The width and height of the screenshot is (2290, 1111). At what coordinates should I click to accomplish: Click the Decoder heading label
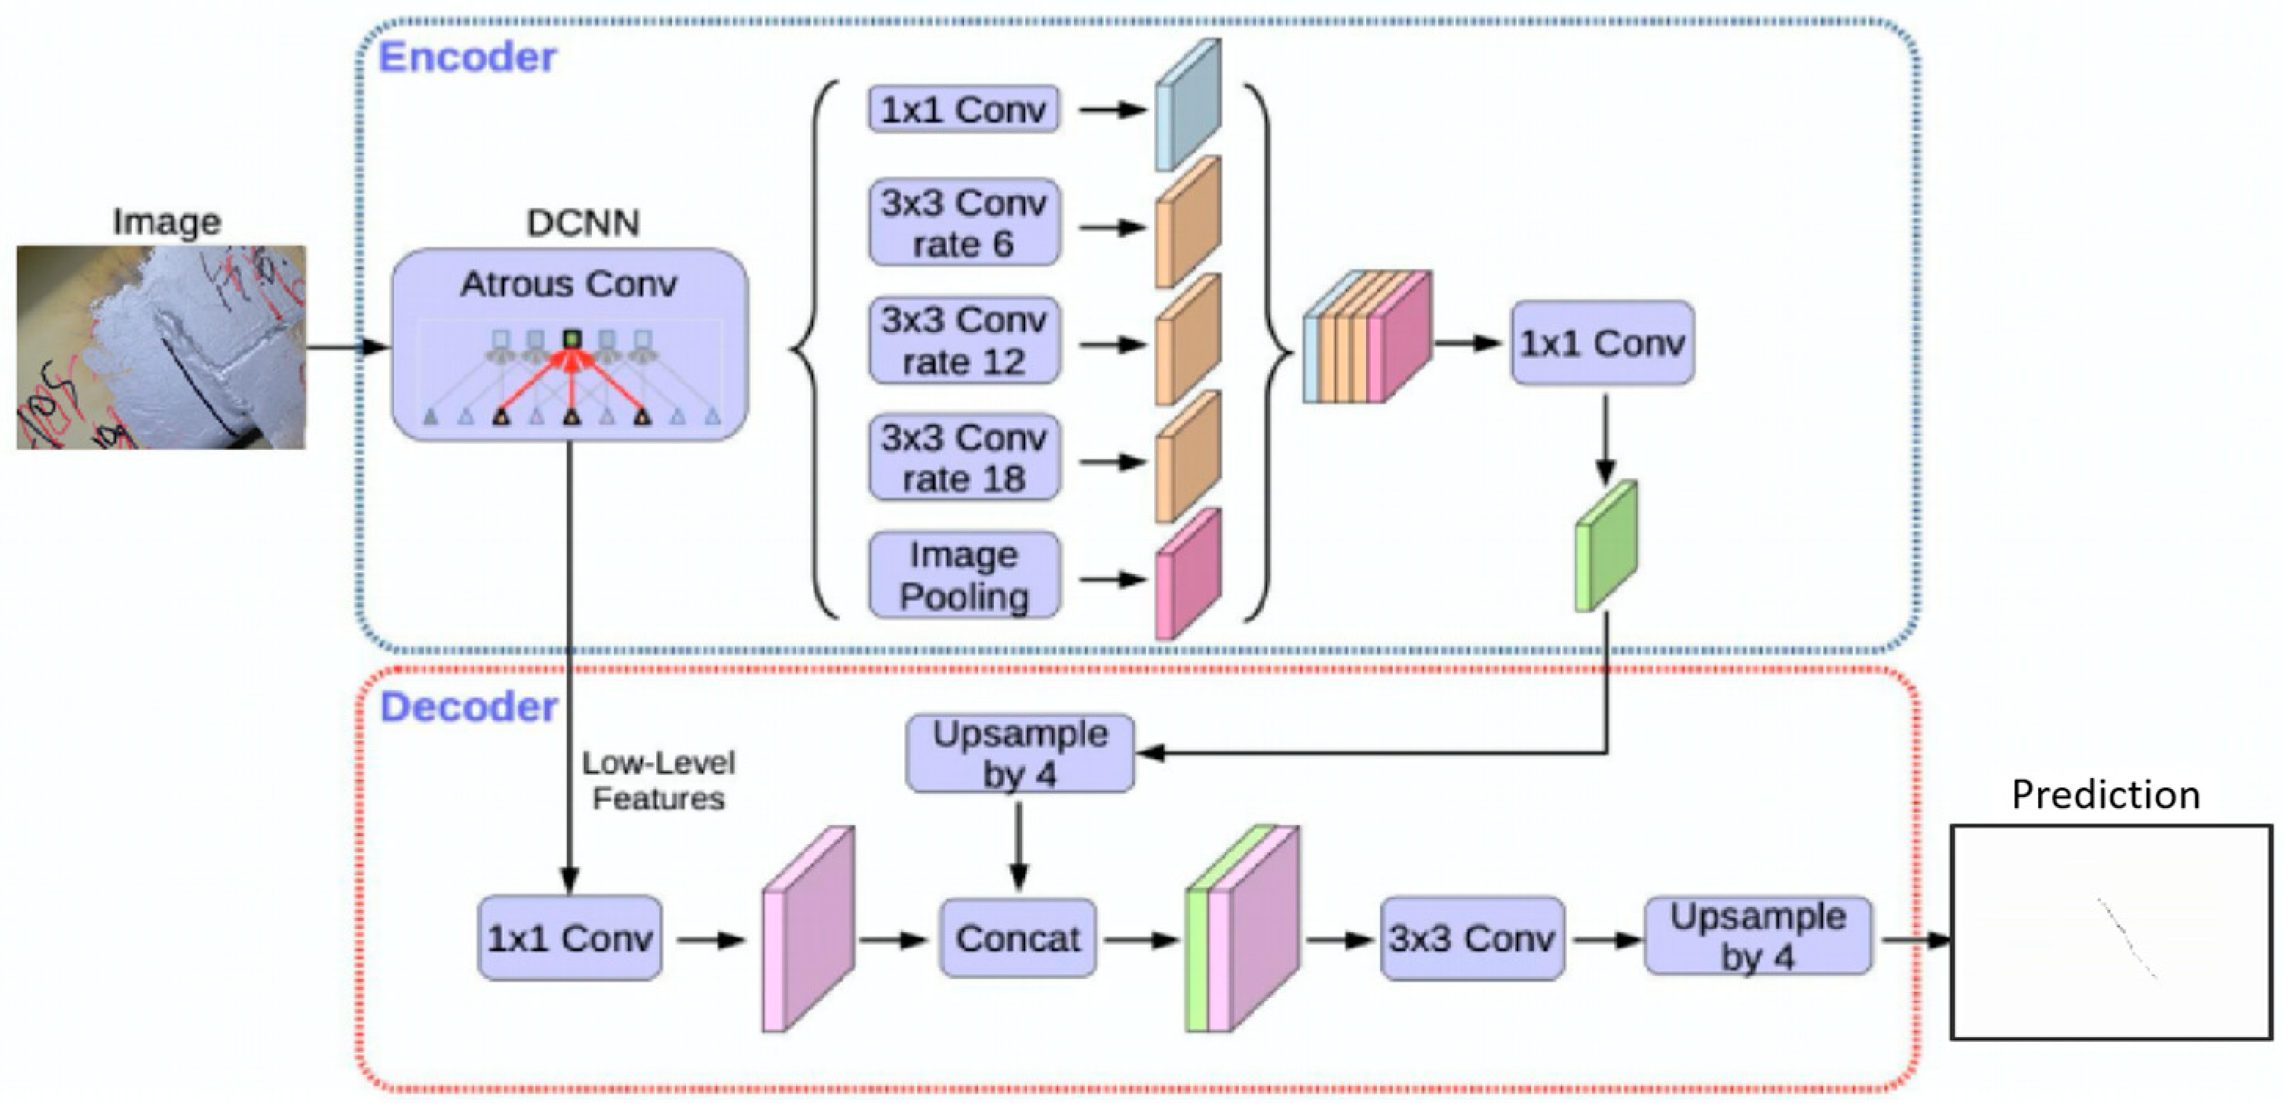[469, 708]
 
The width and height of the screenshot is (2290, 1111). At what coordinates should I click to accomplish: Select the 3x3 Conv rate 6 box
[963, 224]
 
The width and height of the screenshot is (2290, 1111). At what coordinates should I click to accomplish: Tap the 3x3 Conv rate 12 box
[963, 342]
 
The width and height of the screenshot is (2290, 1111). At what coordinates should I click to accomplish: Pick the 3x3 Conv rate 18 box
[963, 459]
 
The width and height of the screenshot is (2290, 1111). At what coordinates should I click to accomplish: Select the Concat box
[1018, 938]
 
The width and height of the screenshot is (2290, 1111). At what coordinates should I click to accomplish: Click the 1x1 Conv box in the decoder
[570, 938]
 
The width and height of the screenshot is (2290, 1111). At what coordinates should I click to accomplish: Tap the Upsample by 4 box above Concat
[1020, 755]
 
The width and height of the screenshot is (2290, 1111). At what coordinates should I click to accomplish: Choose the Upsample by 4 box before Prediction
[1758, 937]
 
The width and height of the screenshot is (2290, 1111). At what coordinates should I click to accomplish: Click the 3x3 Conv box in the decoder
[1472, 938]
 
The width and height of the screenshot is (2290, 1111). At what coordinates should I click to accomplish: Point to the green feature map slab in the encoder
[1605, 546]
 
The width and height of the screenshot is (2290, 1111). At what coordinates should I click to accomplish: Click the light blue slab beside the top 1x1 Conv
[1187, 105]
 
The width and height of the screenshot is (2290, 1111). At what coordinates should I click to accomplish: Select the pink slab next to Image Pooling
[1187, 575]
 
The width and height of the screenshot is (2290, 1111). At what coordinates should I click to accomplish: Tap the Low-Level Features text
[659, 780]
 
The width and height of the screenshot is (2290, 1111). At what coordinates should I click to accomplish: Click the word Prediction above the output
[2105, 795]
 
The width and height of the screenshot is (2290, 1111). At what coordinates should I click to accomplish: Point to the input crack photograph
[161, 348]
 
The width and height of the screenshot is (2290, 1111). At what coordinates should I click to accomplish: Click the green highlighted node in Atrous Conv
[572, 338]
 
